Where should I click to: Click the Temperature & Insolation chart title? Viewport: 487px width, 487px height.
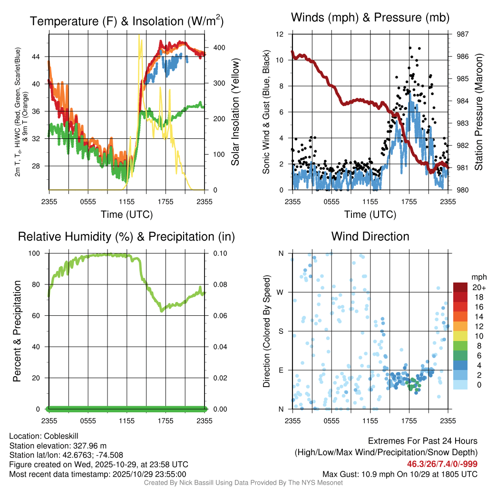(127, 21)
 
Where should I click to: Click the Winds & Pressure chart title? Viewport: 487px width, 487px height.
(370, 18)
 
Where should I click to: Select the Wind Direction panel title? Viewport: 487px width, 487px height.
(370, 236)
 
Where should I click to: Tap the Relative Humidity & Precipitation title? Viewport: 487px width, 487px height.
(127, 236)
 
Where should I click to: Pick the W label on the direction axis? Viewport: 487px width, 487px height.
(281, 292)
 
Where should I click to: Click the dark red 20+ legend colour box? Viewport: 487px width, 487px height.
(460, 287)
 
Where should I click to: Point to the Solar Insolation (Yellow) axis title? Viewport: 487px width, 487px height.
(235, 112)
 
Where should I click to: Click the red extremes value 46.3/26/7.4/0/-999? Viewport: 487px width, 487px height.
(442, 464)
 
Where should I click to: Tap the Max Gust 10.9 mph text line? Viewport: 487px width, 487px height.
(399, 474)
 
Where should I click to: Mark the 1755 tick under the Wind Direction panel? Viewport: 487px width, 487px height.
(409, 420)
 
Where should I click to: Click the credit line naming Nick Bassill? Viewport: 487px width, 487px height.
(243, 483)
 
